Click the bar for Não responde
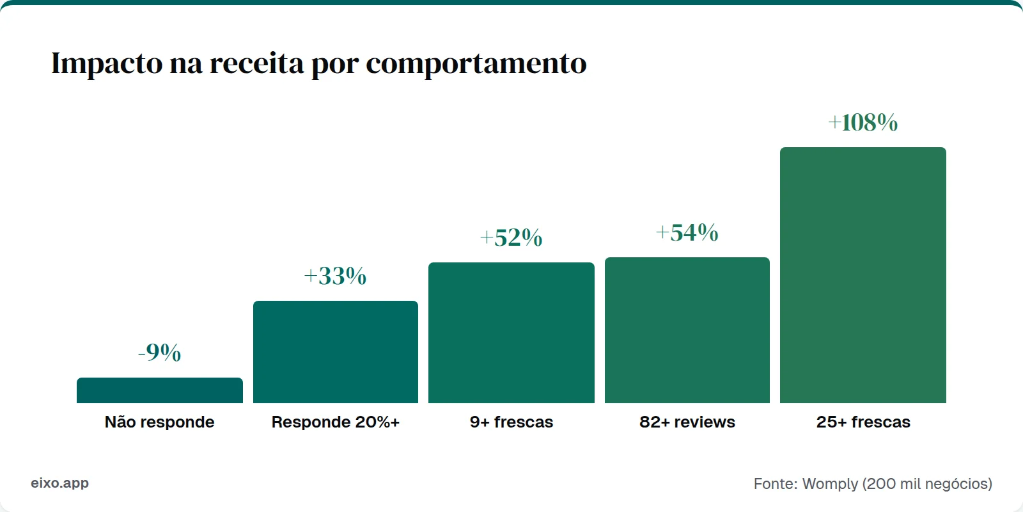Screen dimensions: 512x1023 (160, 390)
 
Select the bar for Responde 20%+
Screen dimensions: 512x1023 (336, 352)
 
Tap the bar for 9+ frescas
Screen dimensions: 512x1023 (511, 333)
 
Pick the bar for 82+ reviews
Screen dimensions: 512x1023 (687, 330)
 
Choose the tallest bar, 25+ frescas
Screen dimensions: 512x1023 (863, 275)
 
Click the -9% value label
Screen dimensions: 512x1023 (160, 353)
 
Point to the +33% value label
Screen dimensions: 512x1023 (335, 276)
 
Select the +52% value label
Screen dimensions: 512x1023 (511, 238)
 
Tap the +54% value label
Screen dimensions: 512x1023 (687, 233)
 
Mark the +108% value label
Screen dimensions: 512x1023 (863, 123)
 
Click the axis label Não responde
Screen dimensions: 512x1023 (160, 422)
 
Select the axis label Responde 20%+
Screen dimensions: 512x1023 (336, 422)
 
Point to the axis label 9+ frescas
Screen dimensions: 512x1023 (511, 422)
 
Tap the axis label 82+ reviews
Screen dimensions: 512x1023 (687, 422)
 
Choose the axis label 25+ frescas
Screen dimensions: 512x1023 (863, 422)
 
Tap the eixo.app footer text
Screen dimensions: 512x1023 (59, 483)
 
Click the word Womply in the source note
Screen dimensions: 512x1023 (830, 484)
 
